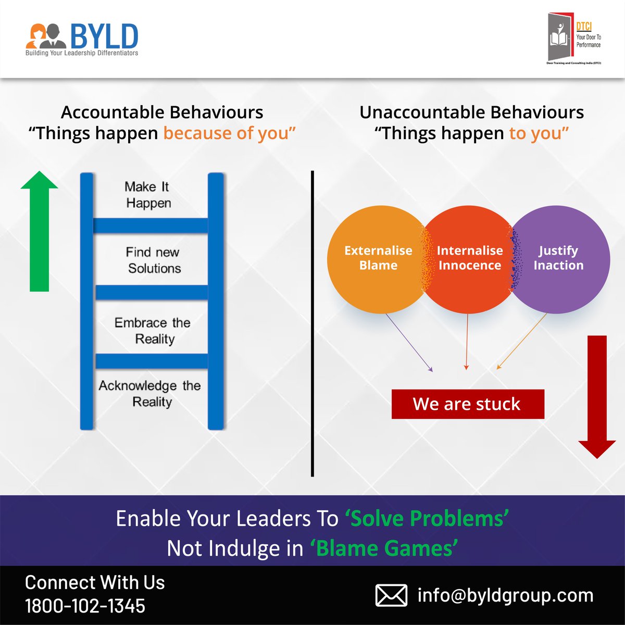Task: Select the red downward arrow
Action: [x=597, y=396]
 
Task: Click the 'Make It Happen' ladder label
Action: [x=148, y=195]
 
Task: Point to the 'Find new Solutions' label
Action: [x=154, y=260]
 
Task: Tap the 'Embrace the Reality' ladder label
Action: [x=153, y=331]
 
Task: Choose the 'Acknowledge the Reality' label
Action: [x=150, y=394]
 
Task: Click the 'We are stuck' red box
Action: [x=467, y=404]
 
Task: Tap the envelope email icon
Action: [x=391, y=595]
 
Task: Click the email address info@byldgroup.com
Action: [x=505, y=595]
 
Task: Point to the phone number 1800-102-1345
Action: [x=85, y=606]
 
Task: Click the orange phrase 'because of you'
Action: [x=229, y=133]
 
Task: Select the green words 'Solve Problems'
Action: [x=427, y=519]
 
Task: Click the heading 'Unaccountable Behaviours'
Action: [x=471, y=112]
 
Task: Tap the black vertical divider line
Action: [x=312, y=323]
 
